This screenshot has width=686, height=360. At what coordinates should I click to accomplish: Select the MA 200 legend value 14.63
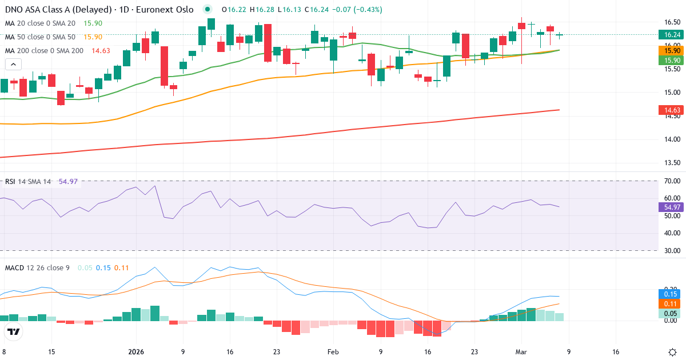click(x=101, y=51)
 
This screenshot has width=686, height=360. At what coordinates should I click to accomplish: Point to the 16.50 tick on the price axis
click(x=671, y=22)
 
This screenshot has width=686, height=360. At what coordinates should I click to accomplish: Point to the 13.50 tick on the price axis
click(x=671, y=163)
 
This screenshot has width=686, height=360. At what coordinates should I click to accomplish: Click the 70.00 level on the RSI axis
click(x=671, y=181)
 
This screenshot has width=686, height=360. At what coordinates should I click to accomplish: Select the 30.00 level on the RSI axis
click(x=671, y=251)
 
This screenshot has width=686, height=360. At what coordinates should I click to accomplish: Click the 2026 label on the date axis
click(x=136, y=351)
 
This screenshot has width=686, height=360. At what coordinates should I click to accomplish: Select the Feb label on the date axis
click(x=333, y=351)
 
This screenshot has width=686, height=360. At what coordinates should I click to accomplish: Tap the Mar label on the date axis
click(x=521, y=351)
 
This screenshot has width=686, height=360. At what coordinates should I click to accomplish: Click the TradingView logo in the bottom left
click(x=14, y=331)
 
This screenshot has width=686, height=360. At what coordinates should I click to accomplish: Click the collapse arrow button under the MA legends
click(x=11, y=65)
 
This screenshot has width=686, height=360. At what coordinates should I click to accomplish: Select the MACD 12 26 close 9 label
click(x=37, y=267)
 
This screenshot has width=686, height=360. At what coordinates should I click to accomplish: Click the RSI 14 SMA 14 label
click(x=28, y=182)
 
